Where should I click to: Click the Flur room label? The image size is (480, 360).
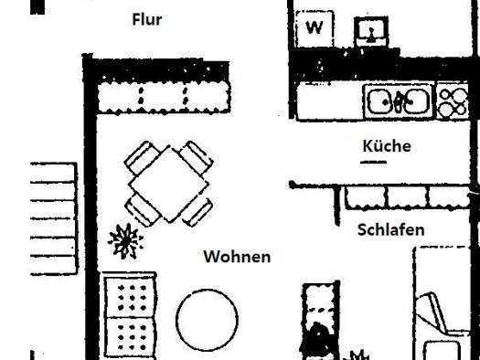pyautogui.click(x=147, y=19)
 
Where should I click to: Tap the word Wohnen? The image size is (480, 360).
pyautogui.click(x=237, y=257)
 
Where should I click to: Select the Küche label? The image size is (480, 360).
pyautogui.click(x=387, y=145)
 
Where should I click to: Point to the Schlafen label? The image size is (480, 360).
pyautogui.click(x=391, y=229)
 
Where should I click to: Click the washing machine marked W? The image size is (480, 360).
pyautogui.click(x=315, y=28)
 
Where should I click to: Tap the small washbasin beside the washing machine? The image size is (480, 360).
pyautogui.click(x=371, y=32)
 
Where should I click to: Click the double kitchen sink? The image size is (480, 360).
pyautogui.click(x=398, y=101)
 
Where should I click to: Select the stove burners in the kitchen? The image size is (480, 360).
pyautogui.click(x=453, y=101)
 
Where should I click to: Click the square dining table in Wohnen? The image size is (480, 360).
pyautogui.click(x=168, y=185)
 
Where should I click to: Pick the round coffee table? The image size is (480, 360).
pyautogui.click(x=208, y=320)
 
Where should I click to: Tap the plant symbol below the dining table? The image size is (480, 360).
pyautogui.click(x=125, y=241)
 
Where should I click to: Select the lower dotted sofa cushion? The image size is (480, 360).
pyautogui.click(x=130, y=337)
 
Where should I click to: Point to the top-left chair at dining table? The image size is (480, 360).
pyautogui.click(x=140, y=157)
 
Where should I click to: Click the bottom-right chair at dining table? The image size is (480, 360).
pyautogui.click(x=197, y=213)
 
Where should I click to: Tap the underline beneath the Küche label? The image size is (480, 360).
pyautogui.click(x=373, y=162)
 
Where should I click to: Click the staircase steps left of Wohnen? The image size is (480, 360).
pyautogui.click(x=54, y=219)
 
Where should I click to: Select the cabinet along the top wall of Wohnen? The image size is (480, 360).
pyautogui.click(x=164, y=97)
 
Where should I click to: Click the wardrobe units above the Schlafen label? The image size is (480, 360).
pyautogui.click(x=407, y=197)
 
